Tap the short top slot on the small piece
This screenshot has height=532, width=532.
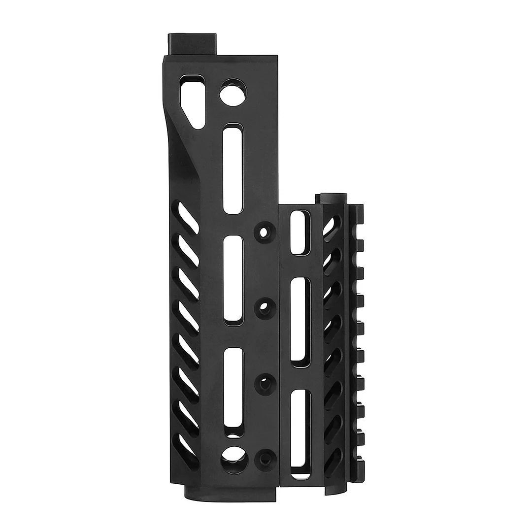coord(299,232)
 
